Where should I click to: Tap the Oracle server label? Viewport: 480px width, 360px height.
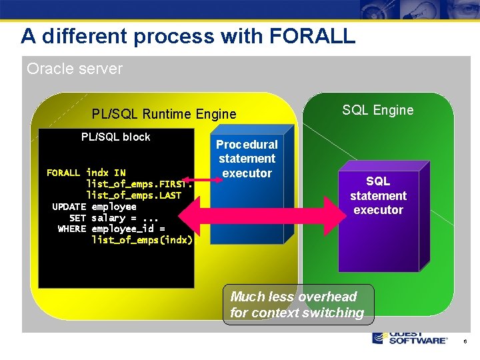[x=75, y=69]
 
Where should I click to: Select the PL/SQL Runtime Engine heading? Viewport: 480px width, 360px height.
[x=164, y=114]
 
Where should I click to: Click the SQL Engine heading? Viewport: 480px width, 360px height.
[x=377, y=110]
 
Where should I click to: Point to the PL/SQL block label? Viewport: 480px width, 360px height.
[x=116, y=137]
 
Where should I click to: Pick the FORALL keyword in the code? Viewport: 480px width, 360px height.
[x=63, y=173]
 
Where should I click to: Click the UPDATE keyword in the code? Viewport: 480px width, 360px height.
[x=69, y=207]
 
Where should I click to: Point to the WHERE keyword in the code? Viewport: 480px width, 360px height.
[x=71, y=229]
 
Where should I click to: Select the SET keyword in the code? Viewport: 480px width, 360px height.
[x=77, y=218]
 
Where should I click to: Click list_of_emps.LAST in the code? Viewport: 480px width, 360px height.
[x=133, y=195]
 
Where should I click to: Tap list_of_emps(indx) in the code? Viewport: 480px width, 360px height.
[x=142, y=240]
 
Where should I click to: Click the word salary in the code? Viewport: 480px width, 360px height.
[x=108, y=218]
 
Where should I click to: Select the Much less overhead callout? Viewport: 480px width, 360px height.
[x=297, y=305]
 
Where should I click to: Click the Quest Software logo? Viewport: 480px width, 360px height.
[x=409, y=337]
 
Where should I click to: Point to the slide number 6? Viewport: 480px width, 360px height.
[x=465, y=341]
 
